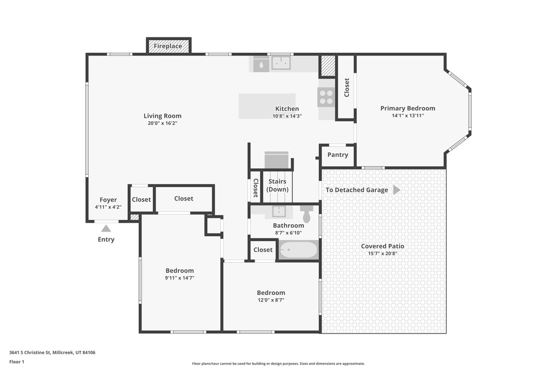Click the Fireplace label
168,46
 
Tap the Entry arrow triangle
106,229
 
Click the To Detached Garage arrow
397,190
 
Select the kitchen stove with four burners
326,97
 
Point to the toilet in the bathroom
306,213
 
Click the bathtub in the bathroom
298,250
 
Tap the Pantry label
338,155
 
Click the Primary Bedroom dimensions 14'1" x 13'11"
407,116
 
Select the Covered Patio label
382,246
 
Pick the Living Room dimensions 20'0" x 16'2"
163,123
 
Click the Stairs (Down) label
277,185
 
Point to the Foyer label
108,200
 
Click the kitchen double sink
281,64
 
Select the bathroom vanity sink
278,211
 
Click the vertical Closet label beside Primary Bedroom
346,87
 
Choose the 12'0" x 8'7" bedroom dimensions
271,300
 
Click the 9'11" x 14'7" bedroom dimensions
180,278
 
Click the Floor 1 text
17,362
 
